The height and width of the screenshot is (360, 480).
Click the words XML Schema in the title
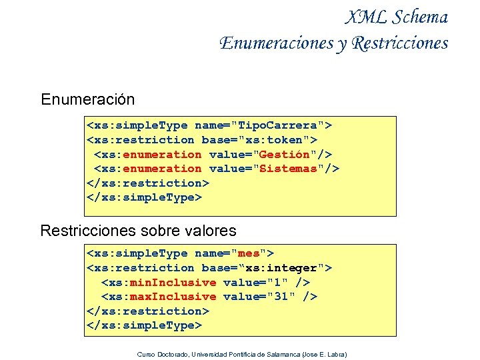coord(397,17)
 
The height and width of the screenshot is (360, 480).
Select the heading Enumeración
coord(87,99)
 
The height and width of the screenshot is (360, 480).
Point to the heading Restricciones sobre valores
coord(138,231)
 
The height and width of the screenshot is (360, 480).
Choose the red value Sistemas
coord(287,169)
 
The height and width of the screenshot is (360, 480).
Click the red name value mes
coord(250,253)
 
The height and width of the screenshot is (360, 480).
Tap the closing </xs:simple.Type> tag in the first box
coord(144,197)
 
